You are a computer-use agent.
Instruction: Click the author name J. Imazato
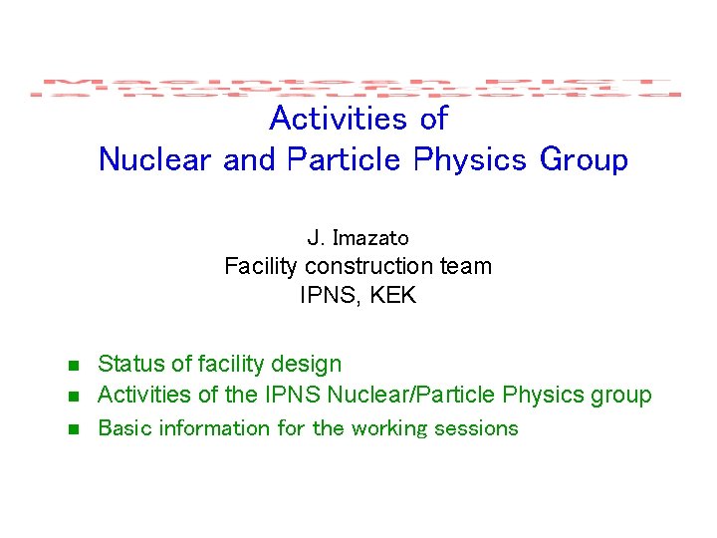358,238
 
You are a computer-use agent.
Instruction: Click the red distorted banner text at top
358,87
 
